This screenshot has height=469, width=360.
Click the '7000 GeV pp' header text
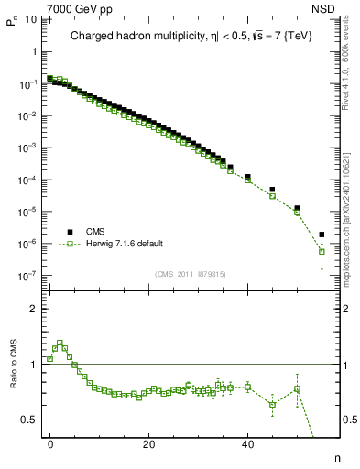(81, 8)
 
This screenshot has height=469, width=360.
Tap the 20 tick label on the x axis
(148, 445)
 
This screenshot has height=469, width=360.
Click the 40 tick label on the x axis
(247, 445)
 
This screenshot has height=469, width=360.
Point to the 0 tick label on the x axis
(50, 445)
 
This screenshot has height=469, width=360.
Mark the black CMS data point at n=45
(272, 190)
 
